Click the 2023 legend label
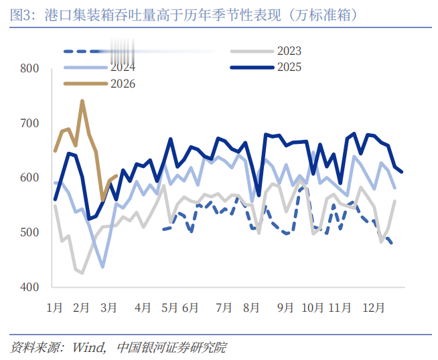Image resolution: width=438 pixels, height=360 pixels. point(289,51)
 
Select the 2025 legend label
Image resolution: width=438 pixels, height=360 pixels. point(289,67)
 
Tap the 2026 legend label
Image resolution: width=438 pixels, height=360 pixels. point(123,84)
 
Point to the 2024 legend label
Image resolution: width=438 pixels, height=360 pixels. point(123,67)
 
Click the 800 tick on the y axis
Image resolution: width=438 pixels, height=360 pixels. point(30,69)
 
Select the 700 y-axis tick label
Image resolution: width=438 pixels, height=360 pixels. point(30,124)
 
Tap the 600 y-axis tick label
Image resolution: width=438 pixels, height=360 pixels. point(30,178)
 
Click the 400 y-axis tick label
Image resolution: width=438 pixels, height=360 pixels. point(30,287)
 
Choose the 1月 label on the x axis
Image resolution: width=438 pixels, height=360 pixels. point(54,308)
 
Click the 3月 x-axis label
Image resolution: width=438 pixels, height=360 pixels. point(109,308)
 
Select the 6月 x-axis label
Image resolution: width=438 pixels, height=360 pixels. point(190,308)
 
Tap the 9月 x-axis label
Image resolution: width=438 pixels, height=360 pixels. point(285,308)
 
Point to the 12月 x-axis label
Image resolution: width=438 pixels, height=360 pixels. point(373,308)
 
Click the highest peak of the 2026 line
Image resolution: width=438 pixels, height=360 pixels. point(82,101)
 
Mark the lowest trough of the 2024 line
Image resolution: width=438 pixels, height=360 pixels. point(102,267)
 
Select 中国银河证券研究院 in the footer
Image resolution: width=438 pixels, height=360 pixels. point(171,348)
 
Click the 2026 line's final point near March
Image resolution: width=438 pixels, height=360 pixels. point(117,176)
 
